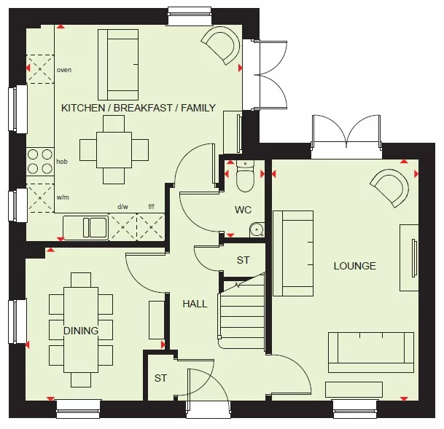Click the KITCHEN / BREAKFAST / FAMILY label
(138, 108)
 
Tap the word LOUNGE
(355, 266)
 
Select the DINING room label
(80, 331)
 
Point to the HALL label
(195, 304)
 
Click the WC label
(243, 210)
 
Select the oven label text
(64, 70)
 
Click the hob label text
(62, 161)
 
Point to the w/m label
(63, 195)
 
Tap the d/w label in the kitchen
(123, 206)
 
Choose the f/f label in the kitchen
(152, 206)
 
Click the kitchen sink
(85, 227)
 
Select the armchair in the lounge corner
(388, 188)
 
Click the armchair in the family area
(220, 44)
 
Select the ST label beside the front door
(160, 379)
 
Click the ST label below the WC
(243, 260)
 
